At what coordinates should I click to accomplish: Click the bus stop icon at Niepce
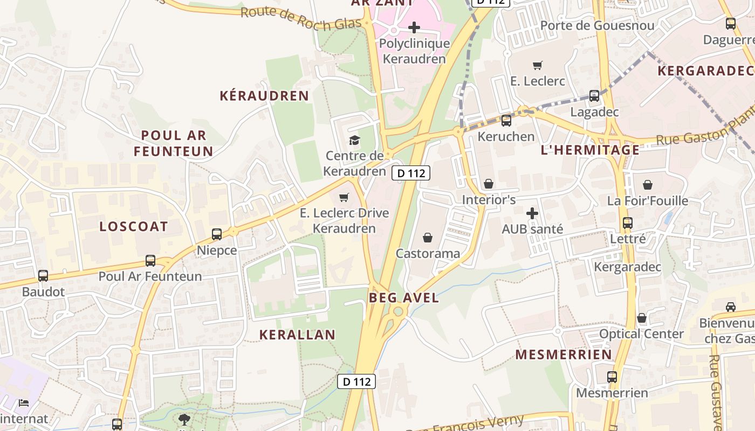point(217,234)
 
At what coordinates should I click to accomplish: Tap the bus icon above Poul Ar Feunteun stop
point(150,261)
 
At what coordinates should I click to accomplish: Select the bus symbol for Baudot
point(43,276)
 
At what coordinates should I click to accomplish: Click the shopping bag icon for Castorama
point(428,238)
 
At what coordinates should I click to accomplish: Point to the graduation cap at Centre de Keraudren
point(354,141)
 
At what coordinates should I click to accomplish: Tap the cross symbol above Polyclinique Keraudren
point(414,27)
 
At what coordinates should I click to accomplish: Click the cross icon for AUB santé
point(532,213)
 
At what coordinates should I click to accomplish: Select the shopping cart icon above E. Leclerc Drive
point(344,197)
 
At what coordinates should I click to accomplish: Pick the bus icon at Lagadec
point(594,96)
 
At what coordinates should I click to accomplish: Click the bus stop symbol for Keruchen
point(506,121)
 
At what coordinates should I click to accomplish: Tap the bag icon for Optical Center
point(642,318)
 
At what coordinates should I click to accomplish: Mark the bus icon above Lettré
point(628,223)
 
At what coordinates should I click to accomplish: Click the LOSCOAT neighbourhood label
point(134,226)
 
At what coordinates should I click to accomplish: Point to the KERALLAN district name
point(297,335)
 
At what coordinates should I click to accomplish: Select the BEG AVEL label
point(404,297)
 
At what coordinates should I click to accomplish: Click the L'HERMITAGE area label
point(590,150)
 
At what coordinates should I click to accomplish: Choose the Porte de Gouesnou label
point(597,25)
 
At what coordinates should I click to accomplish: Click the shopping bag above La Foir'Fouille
point(648,185)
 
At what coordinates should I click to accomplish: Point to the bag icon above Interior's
point(489,184)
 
